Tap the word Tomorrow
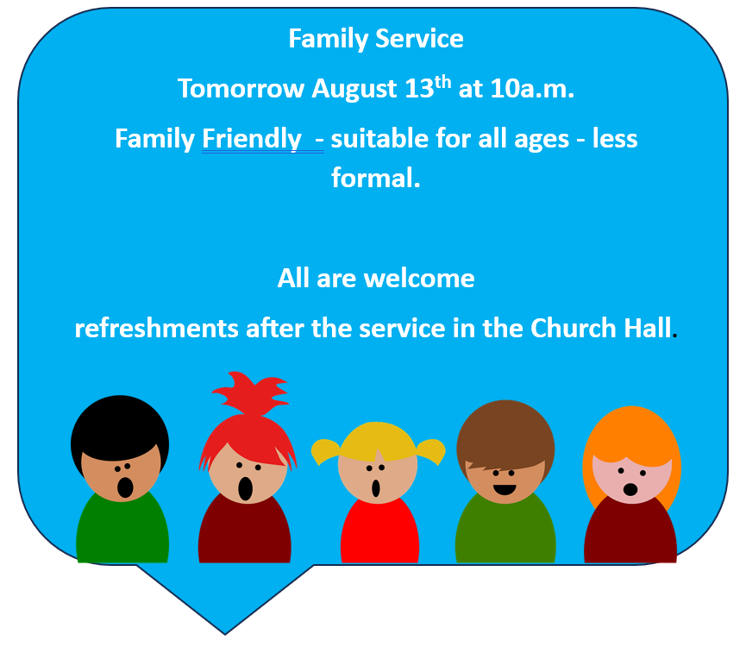pos(241,89)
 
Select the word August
pos(354,89)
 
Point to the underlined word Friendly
pos(252,139)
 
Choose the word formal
pos(375,179)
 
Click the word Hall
pos(646,329)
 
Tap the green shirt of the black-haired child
pos(122,531)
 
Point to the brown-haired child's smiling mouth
pos(505,490)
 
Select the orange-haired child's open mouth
pos(630,490)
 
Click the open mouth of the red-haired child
pos(246,488)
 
